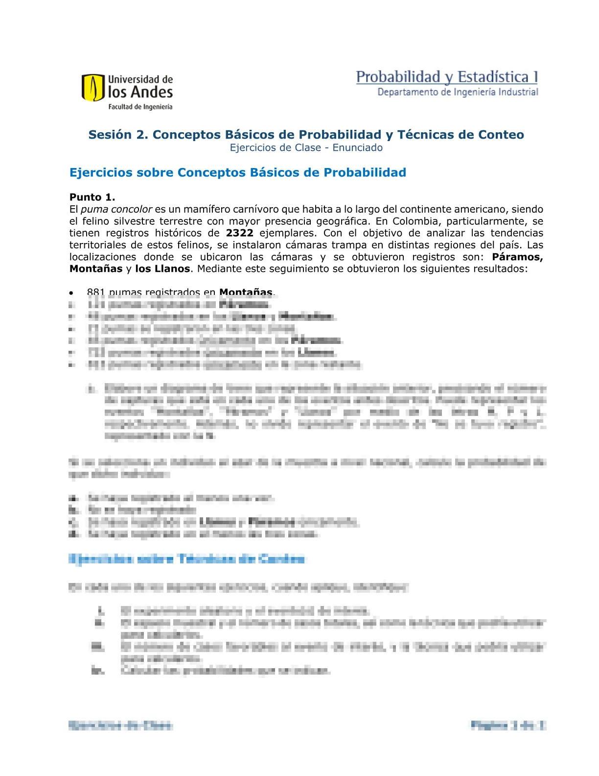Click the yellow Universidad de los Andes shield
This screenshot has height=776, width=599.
point(92,87)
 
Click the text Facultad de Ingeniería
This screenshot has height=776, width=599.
point(140,107)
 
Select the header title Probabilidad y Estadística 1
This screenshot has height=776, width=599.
point(447,77)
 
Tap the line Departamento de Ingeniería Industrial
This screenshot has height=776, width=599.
point(458,92)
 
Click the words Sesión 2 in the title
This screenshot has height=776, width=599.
point(117,135)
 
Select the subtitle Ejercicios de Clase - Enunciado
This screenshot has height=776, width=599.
point(306,148)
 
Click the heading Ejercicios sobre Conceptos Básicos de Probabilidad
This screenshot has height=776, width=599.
point(238,172)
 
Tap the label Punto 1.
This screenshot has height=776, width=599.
point(92,197)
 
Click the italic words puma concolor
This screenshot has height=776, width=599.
point(116,209)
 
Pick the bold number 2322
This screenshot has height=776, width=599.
point(240,233)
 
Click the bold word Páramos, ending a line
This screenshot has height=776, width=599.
point(517,257)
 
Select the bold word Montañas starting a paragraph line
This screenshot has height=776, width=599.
point(96,268)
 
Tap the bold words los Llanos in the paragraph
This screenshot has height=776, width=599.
point(162,268)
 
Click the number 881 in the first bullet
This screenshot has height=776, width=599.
point(96,292)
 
